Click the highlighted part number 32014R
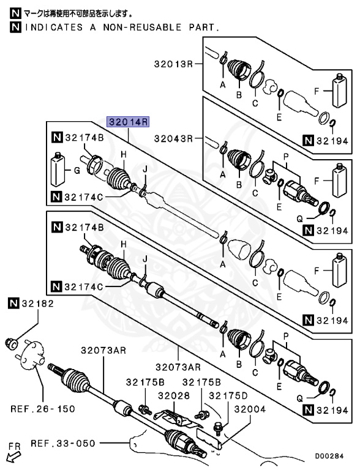click(x=129, y=122)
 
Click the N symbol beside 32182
click(x=13, y=303)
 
